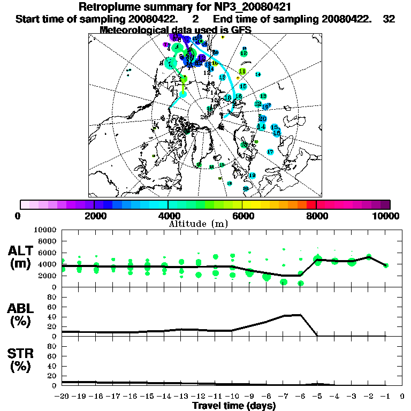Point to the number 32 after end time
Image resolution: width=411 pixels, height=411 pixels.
(x=389, y=19)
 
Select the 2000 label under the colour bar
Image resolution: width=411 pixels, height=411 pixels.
(x=94, y=216)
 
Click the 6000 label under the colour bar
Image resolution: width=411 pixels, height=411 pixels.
(x=242, y=216)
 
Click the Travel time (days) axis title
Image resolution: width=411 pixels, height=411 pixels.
(x=234, y=406)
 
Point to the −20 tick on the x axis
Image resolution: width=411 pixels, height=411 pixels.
(x=63, y=396)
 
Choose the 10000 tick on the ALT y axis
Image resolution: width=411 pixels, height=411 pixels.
(x=45, y=230)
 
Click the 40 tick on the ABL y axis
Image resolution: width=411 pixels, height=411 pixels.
(x=52, y=316)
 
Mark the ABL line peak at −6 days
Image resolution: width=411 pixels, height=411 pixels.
(x=301, y=315)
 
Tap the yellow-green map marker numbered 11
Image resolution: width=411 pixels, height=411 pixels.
(x=242, y=71)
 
